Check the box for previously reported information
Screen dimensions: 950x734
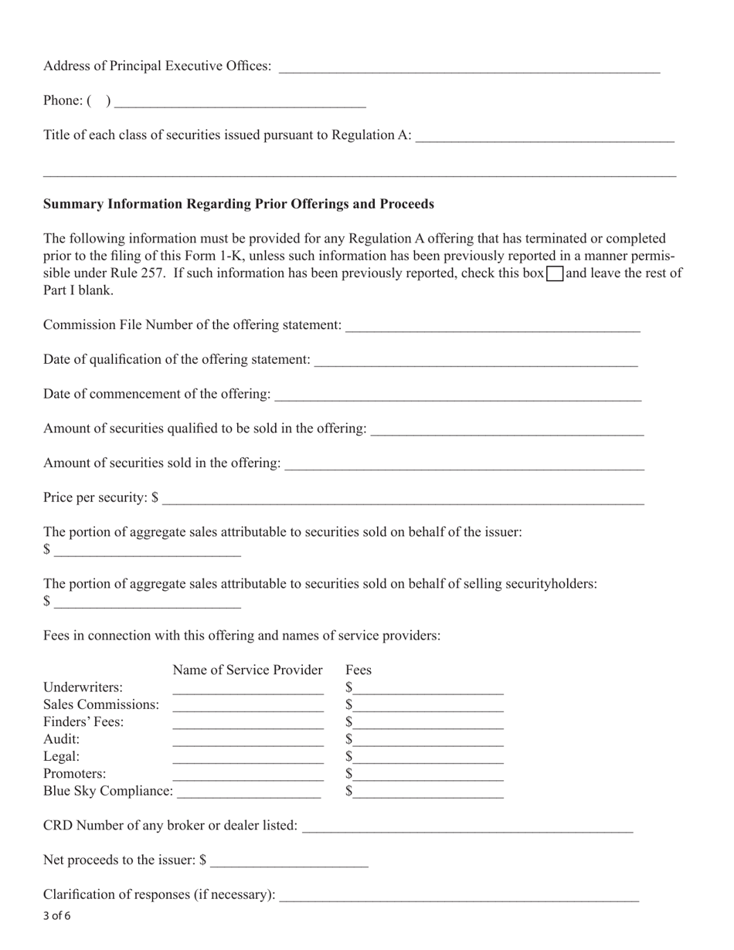[555, 273]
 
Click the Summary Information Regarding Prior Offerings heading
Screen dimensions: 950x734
[238, 204]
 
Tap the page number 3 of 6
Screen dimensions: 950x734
[57, 917]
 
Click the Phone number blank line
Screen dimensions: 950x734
[240, 101]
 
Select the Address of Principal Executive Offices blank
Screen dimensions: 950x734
[469, 66]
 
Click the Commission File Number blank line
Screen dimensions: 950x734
[493, 325]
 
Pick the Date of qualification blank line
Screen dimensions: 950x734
[476, 360]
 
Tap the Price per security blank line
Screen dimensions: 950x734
[403, 497]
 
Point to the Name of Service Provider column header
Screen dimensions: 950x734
[247, 670]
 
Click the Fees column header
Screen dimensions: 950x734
[359, 670]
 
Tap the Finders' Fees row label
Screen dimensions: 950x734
[83, 722]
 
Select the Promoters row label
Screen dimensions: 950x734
[75, 774]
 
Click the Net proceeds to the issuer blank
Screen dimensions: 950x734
[289, 860]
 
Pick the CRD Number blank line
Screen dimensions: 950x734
[467, 826]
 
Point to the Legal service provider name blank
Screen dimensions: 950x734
[247, 757]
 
